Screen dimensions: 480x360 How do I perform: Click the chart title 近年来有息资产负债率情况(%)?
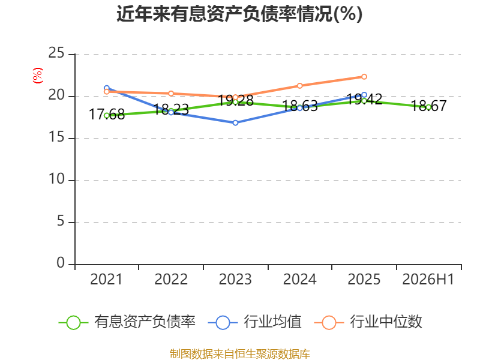point(239,14)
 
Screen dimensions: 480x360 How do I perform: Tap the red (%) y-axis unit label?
point(38,76)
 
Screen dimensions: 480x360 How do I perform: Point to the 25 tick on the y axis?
point(56,53)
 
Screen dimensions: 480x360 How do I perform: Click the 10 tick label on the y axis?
point(56,179)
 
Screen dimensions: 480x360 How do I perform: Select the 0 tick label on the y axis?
point(61,263)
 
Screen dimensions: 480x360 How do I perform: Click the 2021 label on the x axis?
point(106,279)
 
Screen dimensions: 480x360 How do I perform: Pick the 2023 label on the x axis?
point(235,279)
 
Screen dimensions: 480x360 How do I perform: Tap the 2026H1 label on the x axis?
point(428,279)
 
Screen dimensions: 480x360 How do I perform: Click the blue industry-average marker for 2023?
point(235,123)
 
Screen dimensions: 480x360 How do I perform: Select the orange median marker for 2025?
point(364,77)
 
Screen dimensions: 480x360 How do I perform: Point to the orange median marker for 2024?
point(299,86)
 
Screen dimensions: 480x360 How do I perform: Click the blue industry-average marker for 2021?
point(107,88)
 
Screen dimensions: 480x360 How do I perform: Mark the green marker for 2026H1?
point(428,107)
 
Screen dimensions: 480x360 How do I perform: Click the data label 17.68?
point(107,115)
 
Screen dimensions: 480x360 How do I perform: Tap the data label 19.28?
point(235,100)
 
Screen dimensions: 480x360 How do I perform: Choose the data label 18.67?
point(428,106)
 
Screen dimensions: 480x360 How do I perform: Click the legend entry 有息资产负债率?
point(127,322)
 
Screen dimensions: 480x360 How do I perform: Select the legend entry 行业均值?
point(254,322)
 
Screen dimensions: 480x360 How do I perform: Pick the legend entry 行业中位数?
point(368,322)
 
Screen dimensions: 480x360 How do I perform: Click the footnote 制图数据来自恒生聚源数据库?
point(239,354)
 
